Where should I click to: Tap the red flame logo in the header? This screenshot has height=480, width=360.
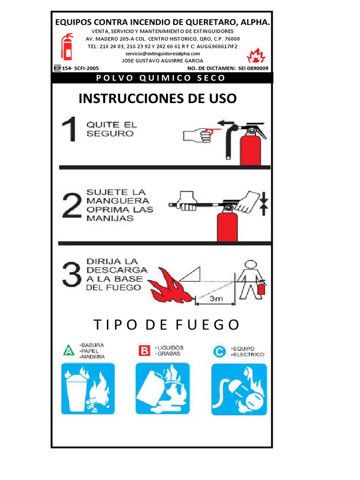pos(256,56)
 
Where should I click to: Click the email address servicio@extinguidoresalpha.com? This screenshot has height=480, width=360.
pos(162,53)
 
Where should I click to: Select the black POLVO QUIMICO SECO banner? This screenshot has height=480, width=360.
pos(162,78)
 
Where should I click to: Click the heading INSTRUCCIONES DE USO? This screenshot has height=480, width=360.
pos(157,98)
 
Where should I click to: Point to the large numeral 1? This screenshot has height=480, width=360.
pos(69,130)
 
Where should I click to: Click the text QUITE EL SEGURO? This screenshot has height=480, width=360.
pos(112,129)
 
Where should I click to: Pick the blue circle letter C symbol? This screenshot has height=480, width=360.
pos(219,351)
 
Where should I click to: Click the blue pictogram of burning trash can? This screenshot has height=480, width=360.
pos(88,389)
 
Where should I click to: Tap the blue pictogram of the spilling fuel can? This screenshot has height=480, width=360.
pos(163,389)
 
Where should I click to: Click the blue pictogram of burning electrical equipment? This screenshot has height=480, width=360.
pos(239,389)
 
